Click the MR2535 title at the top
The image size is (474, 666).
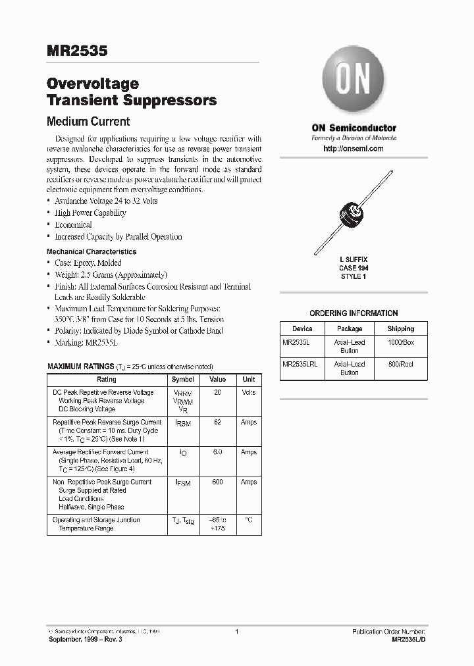pos(76,51)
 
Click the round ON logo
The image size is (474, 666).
pos(354,79)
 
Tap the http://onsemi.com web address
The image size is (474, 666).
pos(354,149)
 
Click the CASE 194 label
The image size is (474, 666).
pos(354,268)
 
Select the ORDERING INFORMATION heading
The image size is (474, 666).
pos(354,313)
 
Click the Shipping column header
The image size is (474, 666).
pos(400,328)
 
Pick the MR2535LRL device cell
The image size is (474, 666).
pos(300,364)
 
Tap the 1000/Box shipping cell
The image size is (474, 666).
pos(400,342)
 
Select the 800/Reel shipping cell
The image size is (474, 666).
pos(400,364)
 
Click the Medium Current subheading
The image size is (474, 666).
pos(88,122)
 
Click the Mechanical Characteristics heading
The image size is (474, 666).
pos(92,251)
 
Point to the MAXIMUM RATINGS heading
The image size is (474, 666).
pos(80,366)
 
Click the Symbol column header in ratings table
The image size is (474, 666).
pos(183,380)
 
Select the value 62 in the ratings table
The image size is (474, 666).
pos(217,422)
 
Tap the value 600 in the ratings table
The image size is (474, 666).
pos(217,482)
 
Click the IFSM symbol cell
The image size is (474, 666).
pos(183,484)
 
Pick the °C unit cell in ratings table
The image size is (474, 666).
pos(248,520)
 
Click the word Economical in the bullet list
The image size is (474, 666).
pos(73,224)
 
